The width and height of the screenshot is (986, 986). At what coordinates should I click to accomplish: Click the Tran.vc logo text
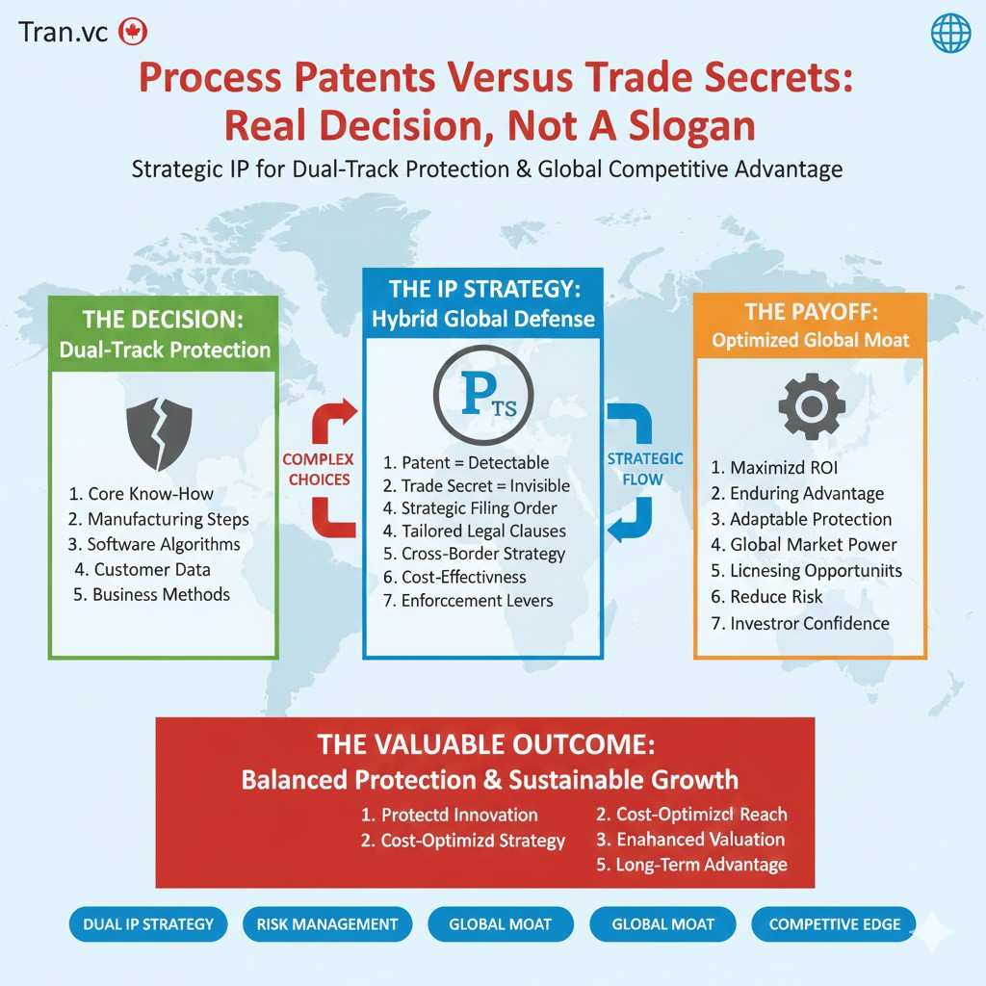point(65,31)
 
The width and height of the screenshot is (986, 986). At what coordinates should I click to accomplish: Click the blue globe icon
point(950,34)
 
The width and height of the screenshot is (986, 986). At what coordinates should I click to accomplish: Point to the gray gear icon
point(811,407)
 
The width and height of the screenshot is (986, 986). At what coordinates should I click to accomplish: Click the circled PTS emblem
point(482,400)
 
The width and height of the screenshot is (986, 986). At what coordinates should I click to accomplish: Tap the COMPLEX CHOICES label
point(318,469)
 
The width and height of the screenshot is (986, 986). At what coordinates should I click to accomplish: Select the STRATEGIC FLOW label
point(645,469)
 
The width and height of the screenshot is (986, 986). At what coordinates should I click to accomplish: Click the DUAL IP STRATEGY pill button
point(148,924)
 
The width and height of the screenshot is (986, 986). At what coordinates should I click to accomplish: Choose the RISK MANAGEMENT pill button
point(326,924)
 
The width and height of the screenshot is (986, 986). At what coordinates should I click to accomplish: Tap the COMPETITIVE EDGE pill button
point(834,924)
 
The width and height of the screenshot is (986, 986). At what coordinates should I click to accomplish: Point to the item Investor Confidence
point(799,623)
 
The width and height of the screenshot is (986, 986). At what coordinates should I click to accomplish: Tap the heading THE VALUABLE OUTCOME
point(484,745)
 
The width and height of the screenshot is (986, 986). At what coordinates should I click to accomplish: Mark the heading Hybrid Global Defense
point(482,319)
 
